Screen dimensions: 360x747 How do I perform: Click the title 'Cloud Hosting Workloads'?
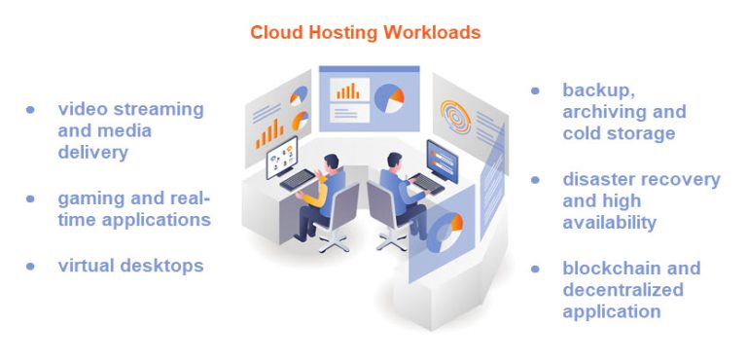pos(365,32)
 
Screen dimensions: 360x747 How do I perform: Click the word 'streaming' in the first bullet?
pos(156,110)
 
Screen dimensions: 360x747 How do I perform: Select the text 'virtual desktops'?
pos(130,265)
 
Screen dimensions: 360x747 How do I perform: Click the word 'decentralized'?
pos(622,290)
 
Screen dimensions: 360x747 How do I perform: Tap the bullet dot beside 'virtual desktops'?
pos(31,265)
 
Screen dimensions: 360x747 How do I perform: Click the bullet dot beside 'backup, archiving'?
pos(535,90)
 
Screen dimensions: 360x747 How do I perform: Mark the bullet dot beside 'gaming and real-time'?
pos(31,198)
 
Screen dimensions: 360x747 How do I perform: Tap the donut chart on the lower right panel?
pos(446,234)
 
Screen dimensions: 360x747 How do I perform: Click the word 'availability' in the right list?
pos(609,223)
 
